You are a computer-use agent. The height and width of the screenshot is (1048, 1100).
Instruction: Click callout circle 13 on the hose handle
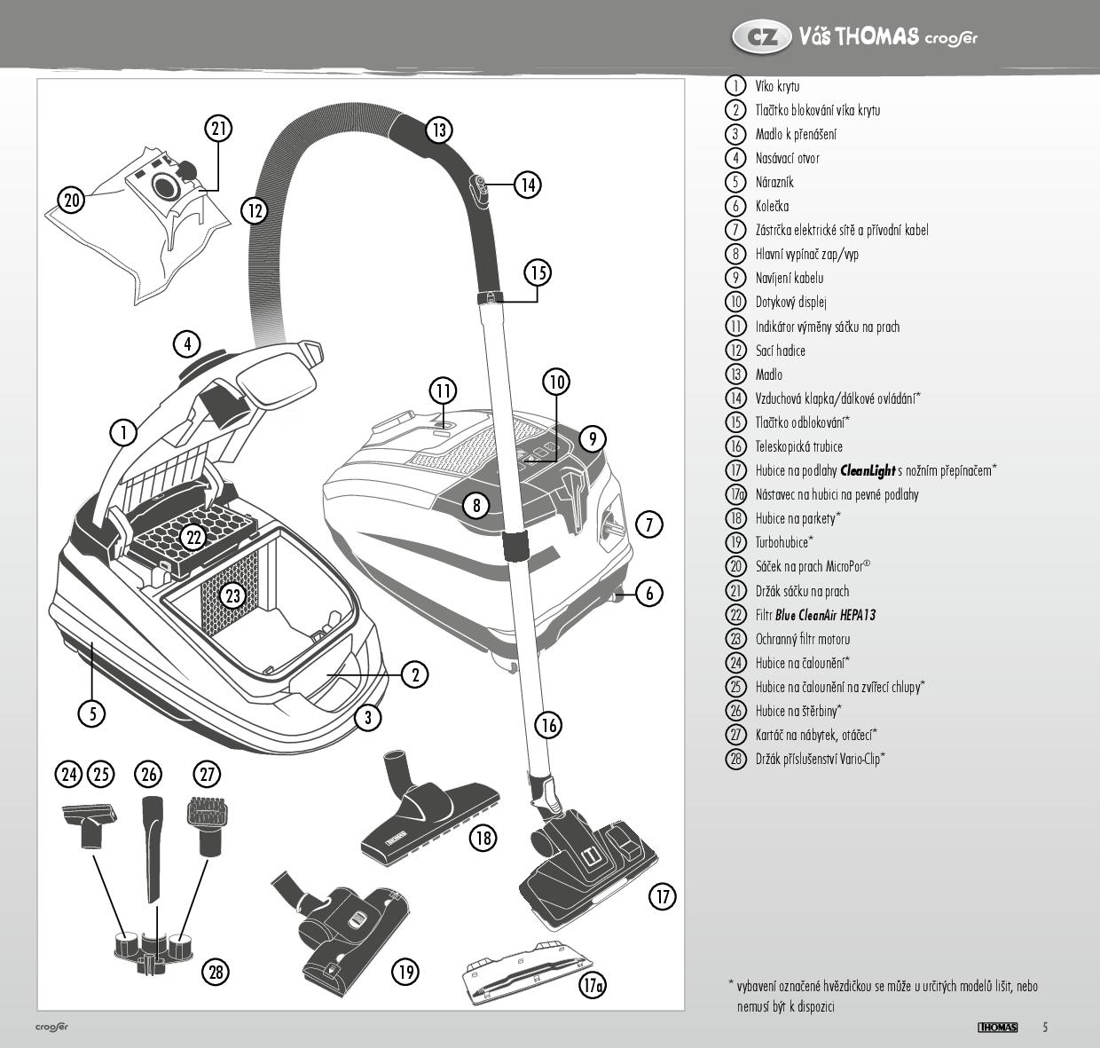pyautogui.click(x=438, y=130)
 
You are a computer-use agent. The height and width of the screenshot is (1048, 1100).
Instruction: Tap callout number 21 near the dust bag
pyautogui.click(x=219, y=128)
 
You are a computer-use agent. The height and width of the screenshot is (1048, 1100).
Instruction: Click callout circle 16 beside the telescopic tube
pyautogui.click(x=549, y=725)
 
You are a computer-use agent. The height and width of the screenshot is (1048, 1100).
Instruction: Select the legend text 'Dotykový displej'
pyautogui.click(x=790, y=303)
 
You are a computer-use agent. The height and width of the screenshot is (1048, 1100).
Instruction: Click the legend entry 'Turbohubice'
pyautogui.click(x=782, y=542)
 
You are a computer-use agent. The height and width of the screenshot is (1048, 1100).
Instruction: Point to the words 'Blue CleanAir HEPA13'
pyautogui.click(x=825, y=615)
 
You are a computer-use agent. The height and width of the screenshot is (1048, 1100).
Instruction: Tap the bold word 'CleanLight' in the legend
pyautogui.click(x=868, y=470)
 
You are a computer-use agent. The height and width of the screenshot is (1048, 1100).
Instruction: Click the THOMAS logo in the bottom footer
pyautogui.click(x=997, y=1028)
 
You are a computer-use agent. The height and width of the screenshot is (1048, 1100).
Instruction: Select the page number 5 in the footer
pyautogui.click(x=1045, y=1028)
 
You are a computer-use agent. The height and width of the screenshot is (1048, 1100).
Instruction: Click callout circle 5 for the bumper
pyautogui.click(x=91, y=713)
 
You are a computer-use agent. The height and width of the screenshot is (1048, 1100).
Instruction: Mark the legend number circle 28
pyautogui.click(x=735, y=759)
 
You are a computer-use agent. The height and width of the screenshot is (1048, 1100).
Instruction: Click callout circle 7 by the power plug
pyautogui.click(x=649, y=524)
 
